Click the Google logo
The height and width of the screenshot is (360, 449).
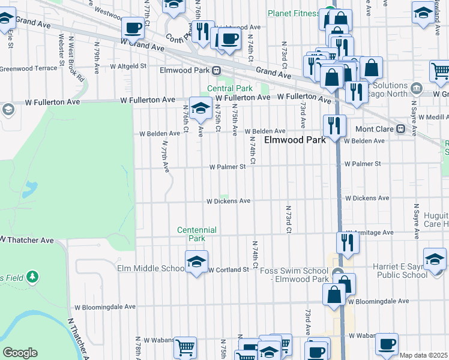20,353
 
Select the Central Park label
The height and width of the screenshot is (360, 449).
230,88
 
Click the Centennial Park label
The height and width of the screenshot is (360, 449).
197,234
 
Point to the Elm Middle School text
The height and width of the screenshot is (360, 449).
151,268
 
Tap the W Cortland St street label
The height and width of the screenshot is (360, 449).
228,270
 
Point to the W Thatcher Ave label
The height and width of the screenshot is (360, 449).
27,240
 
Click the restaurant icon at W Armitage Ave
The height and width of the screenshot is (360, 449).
348,241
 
